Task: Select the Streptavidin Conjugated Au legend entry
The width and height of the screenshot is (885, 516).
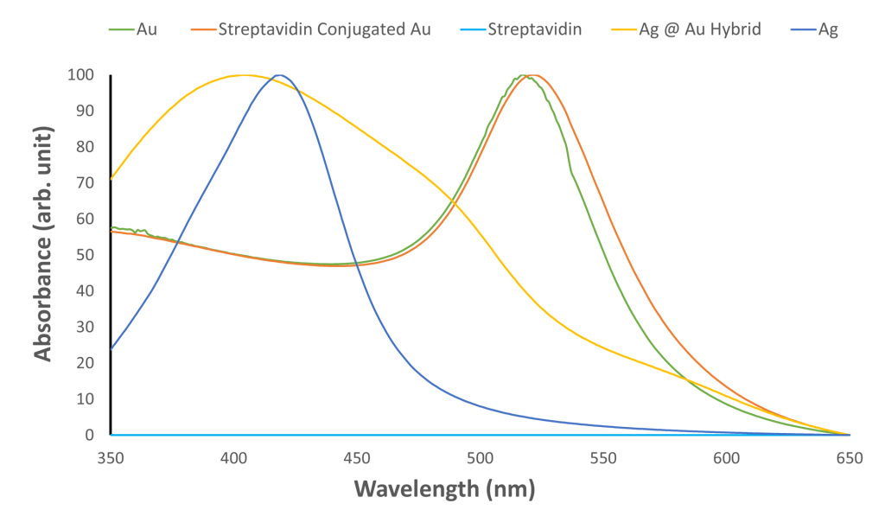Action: click(324, 29)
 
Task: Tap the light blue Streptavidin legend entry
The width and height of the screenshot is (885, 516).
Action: click(534, 29)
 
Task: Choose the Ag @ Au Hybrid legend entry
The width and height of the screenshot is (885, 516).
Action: click(699, 29)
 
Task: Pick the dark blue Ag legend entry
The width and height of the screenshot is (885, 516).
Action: click(827, 29)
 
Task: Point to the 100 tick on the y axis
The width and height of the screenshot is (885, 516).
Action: click(82, 74)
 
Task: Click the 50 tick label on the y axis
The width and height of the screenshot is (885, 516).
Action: click(86, 255)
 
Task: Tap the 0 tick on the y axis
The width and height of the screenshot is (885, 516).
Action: click(90, 435)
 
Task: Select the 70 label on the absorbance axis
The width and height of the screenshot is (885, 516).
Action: click(86, 182)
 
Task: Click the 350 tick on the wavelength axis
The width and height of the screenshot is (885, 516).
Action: click(111, 458)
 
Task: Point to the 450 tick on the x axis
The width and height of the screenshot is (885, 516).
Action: click(357, 458)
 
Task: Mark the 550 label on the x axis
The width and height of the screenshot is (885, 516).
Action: click(603, 458)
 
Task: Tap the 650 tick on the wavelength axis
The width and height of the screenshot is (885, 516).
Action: click(849, 458)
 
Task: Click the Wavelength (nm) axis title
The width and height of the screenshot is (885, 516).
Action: click(444, 489)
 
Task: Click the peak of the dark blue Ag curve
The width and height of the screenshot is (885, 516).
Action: click(278, 75)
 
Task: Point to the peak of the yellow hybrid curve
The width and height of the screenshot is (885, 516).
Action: click(245, 75)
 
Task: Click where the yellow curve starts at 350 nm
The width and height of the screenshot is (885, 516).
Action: click(111, 179)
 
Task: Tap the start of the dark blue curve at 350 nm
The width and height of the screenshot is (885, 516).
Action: click(111, 348)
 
